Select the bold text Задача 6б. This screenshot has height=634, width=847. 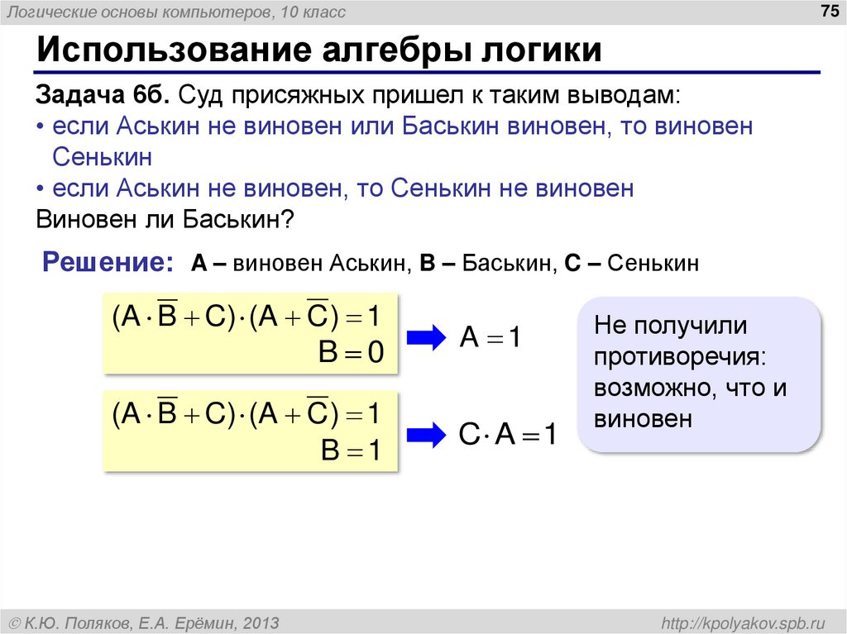tap(103, 96)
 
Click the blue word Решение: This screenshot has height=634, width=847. tap(108, 263)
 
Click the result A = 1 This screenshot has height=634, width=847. tap(490, 337)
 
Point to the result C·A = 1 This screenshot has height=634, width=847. tap(508, 435)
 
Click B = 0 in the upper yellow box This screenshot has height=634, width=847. tap(352, 353)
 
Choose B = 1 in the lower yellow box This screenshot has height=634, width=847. tap(352, 450)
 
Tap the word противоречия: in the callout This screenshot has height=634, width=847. tap(678, 357)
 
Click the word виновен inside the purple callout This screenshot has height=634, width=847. tap(642, 418)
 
